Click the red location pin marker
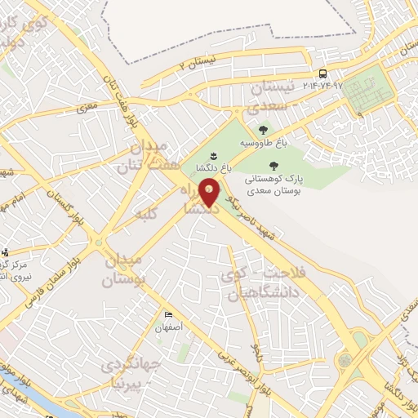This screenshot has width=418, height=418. pos(210,193)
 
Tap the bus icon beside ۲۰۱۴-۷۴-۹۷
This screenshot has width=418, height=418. pos(323,73)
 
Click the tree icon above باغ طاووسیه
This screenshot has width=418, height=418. pos(263,129)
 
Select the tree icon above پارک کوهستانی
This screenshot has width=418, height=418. pos(284,165)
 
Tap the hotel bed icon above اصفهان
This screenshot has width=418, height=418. pos(168,315)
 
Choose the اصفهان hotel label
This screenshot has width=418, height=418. pos(170,327)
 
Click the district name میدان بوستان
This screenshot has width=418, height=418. pos(124,270)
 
